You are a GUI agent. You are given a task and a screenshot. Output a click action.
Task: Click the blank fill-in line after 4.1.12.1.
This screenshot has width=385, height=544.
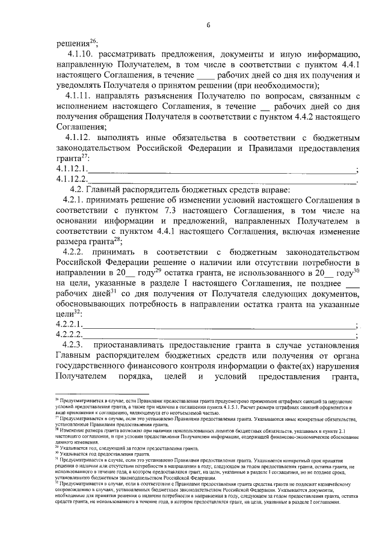pos(223,170)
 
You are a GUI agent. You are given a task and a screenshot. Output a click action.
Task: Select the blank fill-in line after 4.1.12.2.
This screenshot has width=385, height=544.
pos(223,180)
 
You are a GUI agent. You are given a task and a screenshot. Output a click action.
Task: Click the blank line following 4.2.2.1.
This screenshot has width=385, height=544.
pos(220,326)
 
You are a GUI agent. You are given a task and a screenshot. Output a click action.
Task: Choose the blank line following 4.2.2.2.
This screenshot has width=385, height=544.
pos(220,335)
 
